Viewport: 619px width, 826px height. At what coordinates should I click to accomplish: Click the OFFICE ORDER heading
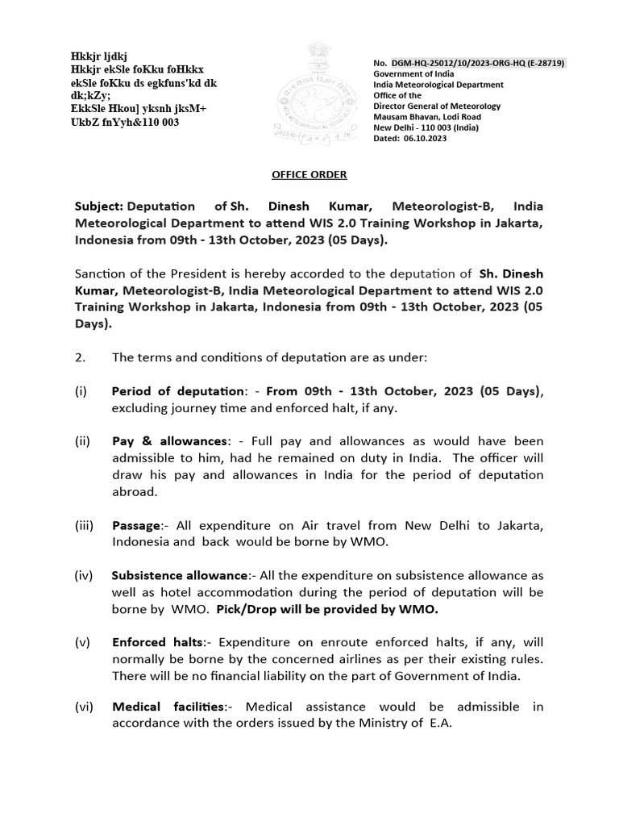pos(309,173)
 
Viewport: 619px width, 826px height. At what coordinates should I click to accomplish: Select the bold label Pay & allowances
pos(170,441)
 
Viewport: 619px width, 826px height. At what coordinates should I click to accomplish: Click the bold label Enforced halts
pos(156,643)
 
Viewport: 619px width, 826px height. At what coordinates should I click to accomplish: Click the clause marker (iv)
pos(85,576)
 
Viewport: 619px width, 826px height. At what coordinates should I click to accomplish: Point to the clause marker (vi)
pos(85,707)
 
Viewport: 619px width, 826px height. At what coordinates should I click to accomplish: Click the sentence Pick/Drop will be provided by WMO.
pos(327,609)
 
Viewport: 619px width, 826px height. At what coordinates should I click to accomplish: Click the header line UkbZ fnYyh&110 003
pos(125,122)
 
